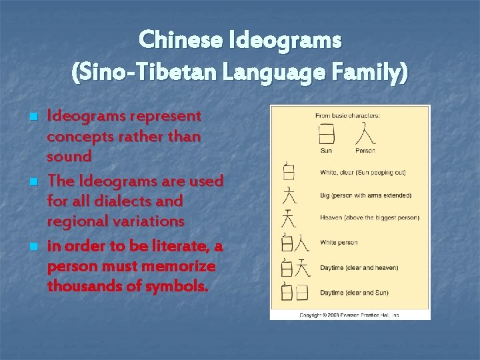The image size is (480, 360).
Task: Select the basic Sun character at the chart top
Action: tap(327, 133)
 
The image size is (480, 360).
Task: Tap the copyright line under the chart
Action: tap(349, 315)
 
